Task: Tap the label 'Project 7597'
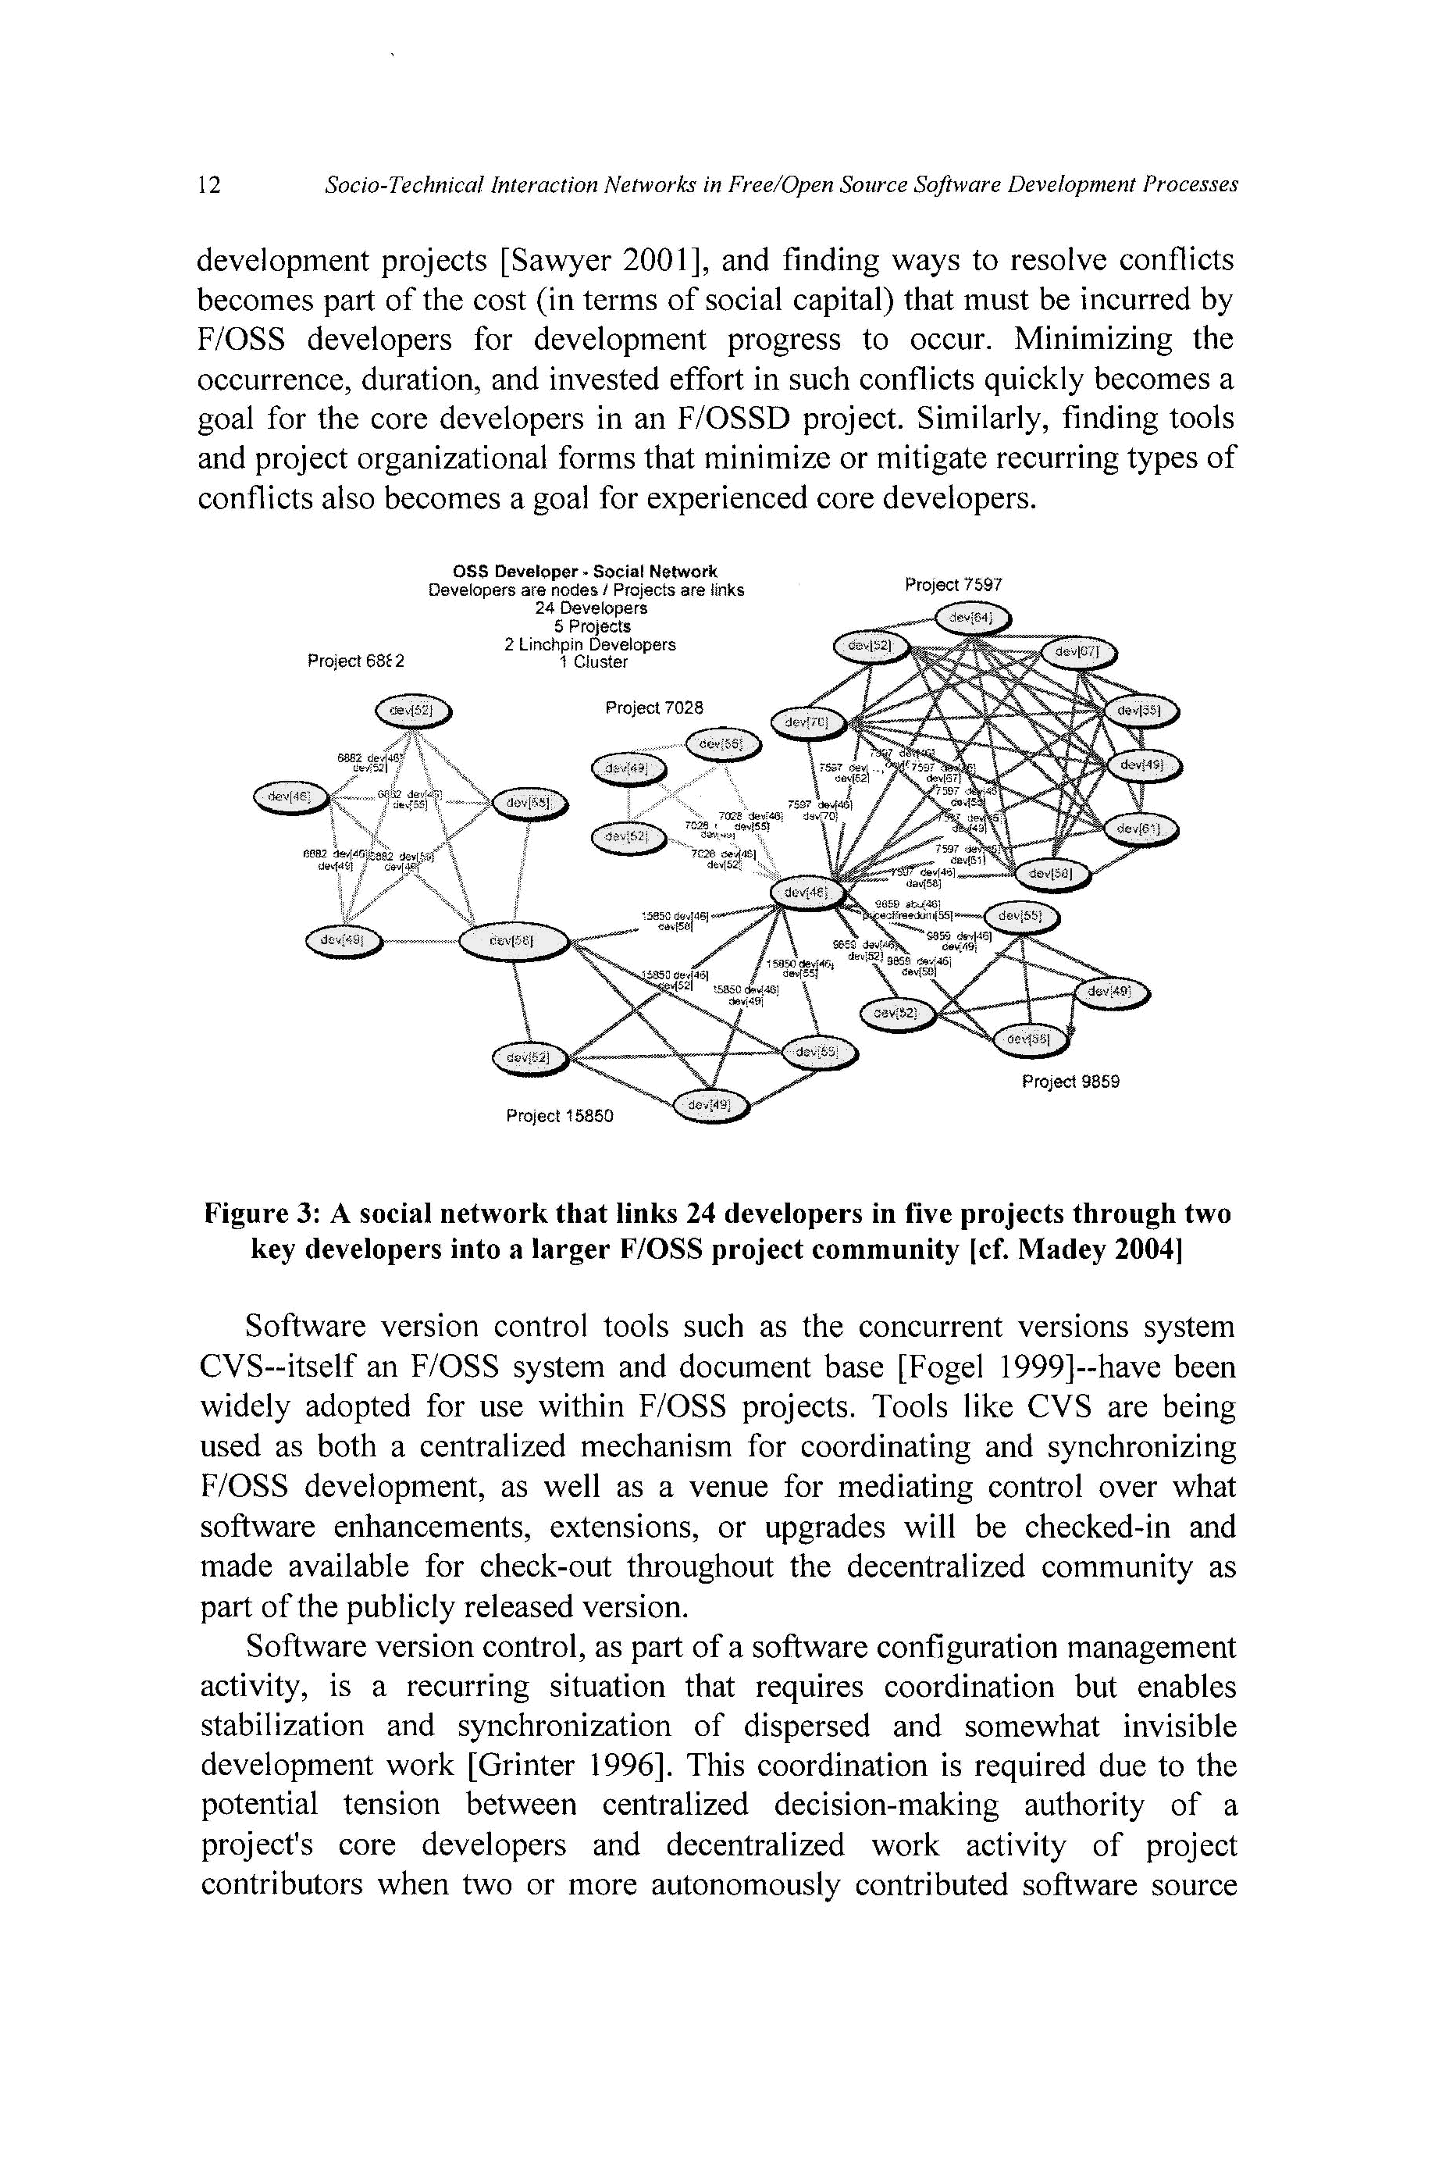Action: (x=953, y=585)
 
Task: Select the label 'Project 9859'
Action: (x=1070, y=1082)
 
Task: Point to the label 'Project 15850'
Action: (x=559, y=1116)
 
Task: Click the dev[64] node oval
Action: (x=971, y=619)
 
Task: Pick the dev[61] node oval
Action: (x=1141, y=829)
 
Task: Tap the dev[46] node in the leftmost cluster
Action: (x=290, y=798)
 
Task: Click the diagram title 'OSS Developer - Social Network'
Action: (x=586, y=572)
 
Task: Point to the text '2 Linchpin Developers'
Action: (x=589, y=644)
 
